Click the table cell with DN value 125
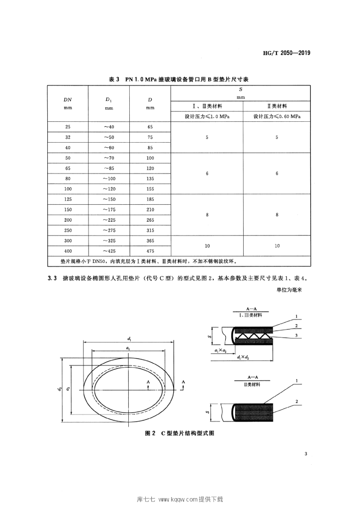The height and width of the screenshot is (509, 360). (68, 199)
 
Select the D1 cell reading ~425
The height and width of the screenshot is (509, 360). (108, 251)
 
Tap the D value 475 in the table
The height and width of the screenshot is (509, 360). (150, 251)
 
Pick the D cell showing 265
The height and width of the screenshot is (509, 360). (150, 220)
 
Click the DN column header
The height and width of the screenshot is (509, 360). (68, 99)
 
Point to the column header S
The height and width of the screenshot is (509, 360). (241, 90)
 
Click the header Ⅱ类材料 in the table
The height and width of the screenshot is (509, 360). (277, 106)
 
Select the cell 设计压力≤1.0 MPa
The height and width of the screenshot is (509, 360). (206, 116)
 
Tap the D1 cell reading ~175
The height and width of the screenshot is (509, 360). (108, 210)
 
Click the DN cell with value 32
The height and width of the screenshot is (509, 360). (68, 137)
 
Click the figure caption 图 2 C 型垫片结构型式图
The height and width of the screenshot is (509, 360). (180, 433)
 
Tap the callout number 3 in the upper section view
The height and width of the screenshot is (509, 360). (296, 337)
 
